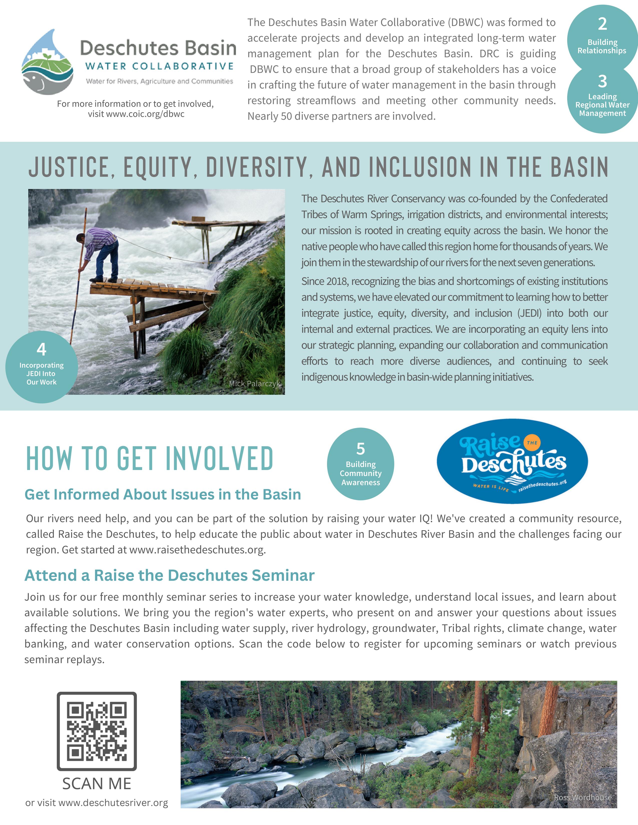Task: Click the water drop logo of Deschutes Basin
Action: coord(48,62)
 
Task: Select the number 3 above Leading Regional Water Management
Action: coord(602,81)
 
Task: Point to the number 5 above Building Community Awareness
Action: coord(361,449)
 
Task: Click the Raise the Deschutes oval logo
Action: coord(512,461)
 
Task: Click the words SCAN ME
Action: coord(97,784)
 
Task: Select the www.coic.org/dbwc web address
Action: coord(136,114)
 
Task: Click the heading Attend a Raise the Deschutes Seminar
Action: coord(169,575)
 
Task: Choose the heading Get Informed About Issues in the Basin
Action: coord(163,494)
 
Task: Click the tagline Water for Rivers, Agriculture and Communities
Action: coord(160,81)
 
